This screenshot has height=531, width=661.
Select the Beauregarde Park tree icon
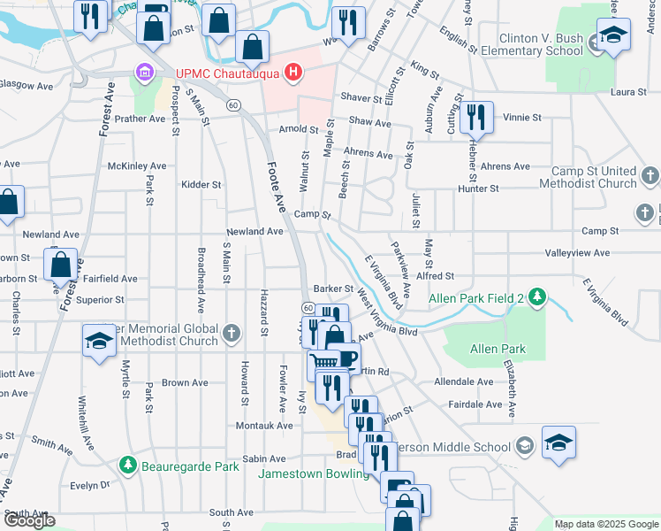point(128,466)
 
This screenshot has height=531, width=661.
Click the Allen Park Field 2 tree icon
point(536,298)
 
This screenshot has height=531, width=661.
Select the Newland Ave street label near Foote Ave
point(255,231)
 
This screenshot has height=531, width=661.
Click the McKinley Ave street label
point(136,165)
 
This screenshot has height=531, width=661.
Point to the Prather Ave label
point(140,119)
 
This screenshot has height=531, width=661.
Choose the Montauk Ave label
point(264,426)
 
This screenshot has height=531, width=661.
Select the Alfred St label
point(434,276)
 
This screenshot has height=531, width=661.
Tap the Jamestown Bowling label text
point(314,474)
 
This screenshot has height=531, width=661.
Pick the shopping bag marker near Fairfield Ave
point(61,265)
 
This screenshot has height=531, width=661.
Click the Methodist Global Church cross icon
point(232,333)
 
